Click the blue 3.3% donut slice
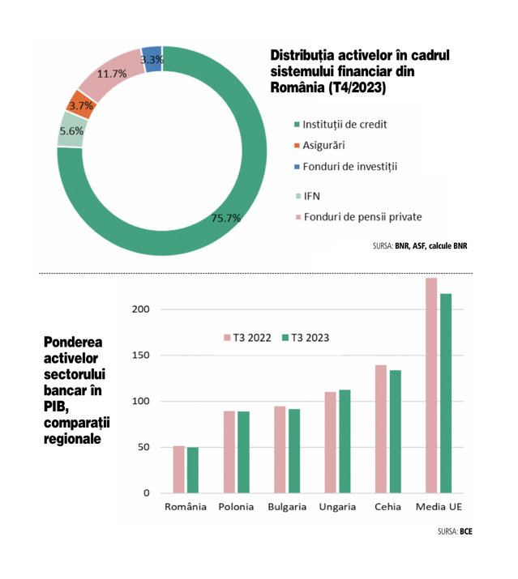coord(152,59)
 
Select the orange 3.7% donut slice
coord(81,105)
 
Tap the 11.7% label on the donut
coord(112,74)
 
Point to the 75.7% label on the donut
coord(226,218)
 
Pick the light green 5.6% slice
coord(71,130)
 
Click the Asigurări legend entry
coord(319,145)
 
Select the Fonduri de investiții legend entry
coord(345,167)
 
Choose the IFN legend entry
coord(308,196)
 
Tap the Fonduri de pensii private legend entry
coord(358,217)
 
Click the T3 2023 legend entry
coord(306,338)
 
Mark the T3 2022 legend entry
coord(247,338)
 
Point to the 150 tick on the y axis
coord(140,355)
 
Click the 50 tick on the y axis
coord(143,447)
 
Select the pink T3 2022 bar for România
coord(178,470)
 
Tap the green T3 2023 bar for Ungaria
coord(345,441)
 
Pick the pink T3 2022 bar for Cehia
coord(381,429)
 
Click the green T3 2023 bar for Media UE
coord(446,394)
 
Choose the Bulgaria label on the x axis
coord(287,507)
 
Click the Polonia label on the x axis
coord(236,507)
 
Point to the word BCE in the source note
coord(466,531)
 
